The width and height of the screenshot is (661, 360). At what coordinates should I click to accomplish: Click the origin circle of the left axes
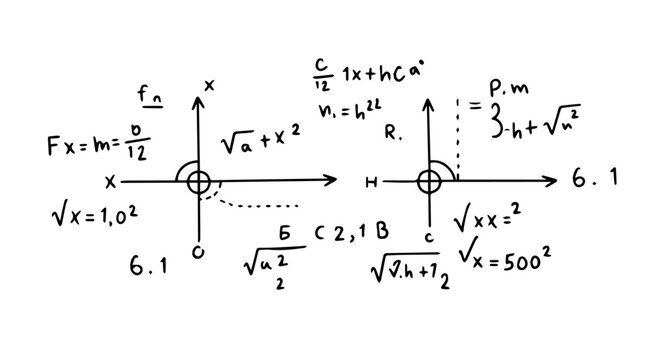198,181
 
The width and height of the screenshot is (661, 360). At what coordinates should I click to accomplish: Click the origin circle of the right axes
428,181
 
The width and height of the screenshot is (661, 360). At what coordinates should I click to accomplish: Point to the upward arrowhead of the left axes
198,102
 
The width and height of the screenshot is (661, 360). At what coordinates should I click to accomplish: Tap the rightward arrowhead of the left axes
332,181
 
